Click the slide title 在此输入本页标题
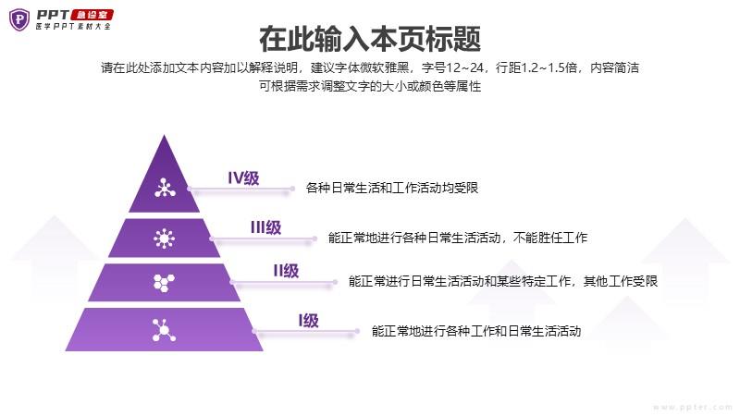370,39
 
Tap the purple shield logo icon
19,19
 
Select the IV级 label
243,178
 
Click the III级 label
265,227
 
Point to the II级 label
286,271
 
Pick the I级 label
309,321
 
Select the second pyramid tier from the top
165,238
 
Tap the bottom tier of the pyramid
165,329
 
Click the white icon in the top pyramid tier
165,188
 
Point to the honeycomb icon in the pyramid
164,283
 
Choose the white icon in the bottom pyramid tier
164,330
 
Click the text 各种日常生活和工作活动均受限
391,188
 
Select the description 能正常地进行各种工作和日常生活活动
476,331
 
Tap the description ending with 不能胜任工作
458,238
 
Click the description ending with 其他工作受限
503,281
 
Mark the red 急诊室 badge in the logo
92,15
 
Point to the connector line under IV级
240,190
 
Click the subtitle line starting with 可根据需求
370,86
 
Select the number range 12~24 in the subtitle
464,67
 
